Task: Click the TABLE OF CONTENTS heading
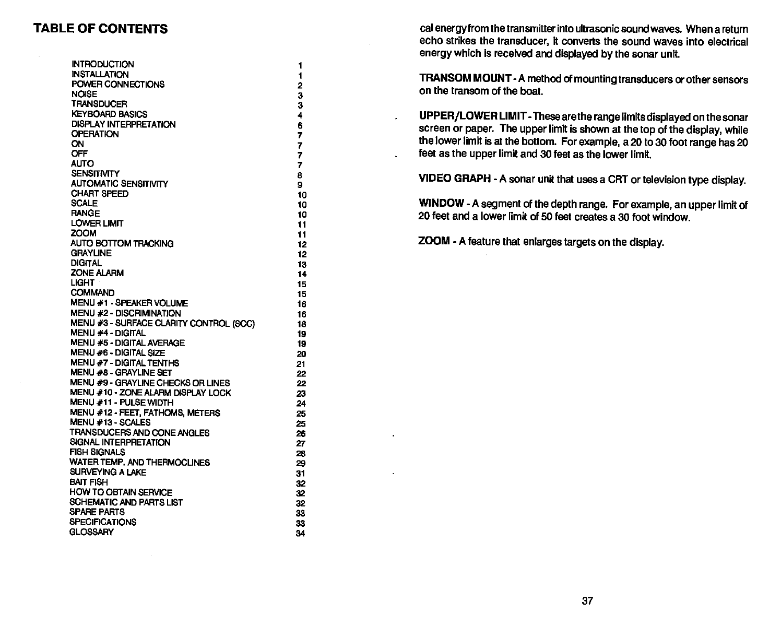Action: point(101,28)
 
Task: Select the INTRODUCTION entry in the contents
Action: point(102,64)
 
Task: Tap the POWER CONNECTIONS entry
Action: point(117,84)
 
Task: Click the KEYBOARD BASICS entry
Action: point(109,114)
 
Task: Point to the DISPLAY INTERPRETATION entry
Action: point(123,124)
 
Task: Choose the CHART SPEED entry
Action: point(100,194)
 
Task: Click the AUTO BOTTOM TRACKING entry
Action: point(122,243)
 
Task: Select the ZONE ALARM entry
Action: point(97,273)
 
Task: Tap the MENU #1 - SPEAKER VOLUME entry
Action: point(129,303)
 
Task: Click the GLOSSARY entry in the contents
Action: point(91,532)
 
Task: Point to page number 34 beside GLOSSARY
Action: point(300,533)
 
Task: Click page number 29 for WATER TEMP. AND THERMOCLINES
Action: point(300,463)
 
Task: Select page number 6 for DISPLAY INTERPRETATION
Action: point(300,126)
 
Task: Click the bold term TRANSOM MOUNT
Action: point(465,79)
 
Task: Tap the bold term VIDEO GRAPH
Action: point(454,179)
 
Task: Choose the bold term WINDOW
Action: point(441,203)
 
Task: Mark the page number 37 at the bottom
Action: point(587,601)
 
